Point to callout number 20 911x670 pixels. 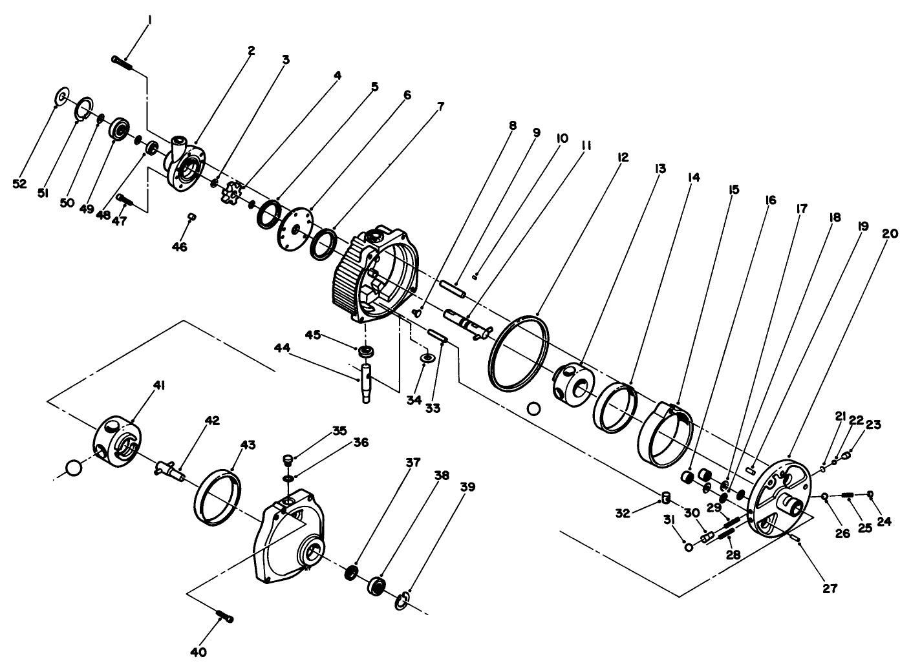[x=890, y=234]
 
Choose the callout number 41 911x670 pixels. [x=159, y=385]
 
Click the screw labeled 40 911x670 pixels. [x=223, y=616]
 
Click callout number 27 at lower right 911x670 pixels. [x=830, y=589]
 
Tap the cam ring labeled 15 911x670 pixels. [x=665, y=433]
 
